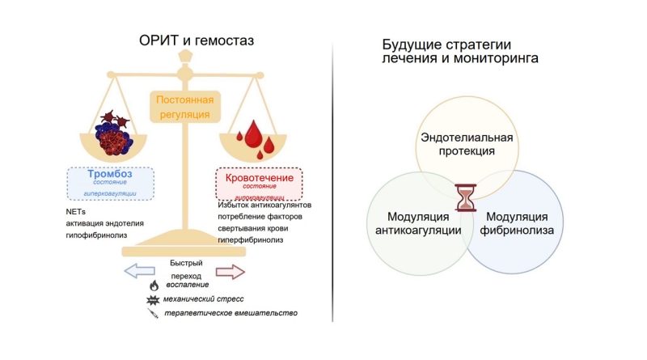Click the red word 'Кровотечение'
256,174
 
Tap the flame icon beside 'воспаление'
154,285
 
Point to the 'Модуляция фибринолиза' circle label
518,223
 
